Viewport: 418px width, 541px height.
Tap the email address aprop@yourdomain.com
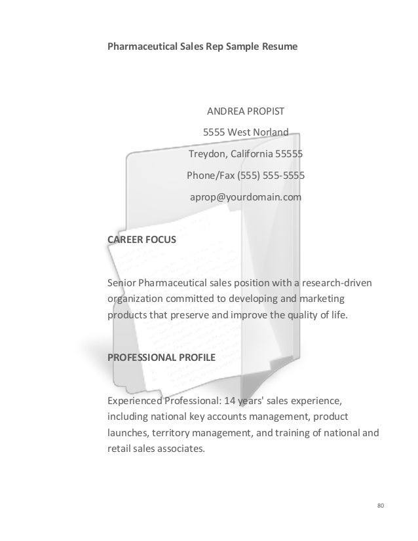point(246,196)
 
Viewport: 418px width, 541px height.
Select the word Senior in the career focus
point(121,282)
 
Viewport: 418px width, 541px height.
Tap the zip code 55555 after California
point(289,155)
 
